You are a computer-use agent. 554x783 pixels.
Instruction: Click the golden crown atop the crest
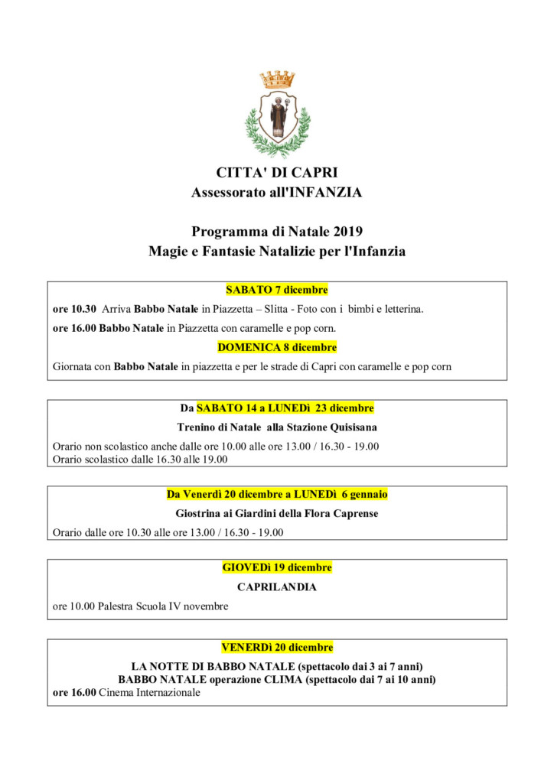(277, 79)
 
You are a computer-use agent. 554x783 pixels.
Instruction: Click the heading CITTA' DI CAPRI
(276, 173)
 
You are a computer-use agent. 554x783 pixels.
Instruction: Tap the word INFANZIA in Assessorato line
(322, 193)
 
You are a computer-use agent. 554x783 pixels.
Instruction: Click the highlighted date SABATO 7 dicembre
(276, 290)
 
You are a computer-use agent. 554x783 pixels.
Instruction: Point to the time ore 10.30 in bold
(74, 310)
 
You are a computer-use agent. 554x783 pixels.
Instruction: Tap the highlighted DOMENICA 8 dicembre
(277, 347)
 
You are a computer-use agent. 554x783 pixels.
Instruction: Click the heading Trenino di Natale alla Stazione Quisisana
(277, 427)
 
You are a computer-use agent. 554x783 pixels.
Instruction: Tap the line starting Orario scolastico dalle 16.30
(140, 460)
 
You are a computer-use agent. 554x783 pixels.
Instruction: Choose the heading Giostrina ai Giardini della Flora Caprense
(277, 513)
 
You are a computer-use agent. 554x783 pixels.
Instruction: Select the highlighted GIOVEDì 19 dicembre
(277, 567)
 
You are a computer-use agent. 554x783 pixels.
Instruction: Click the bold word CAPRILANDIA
(277, 587)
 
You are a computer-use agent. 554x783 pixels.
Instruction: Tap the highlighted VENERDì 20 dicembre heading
(277, 647)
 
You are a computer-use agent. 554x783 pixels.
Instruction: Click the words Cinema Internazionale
(149, 693)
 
